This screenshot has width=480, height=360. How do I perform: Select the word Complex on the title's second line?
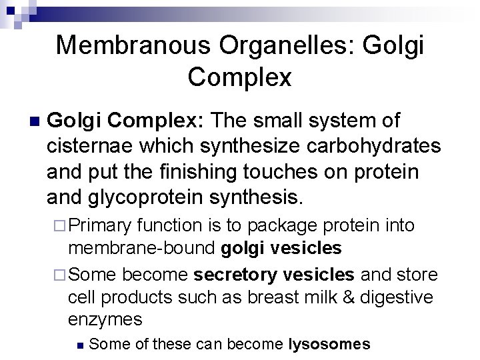point(240,78)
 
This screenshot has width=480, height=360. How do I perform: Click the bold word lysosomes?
point(329,344)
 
